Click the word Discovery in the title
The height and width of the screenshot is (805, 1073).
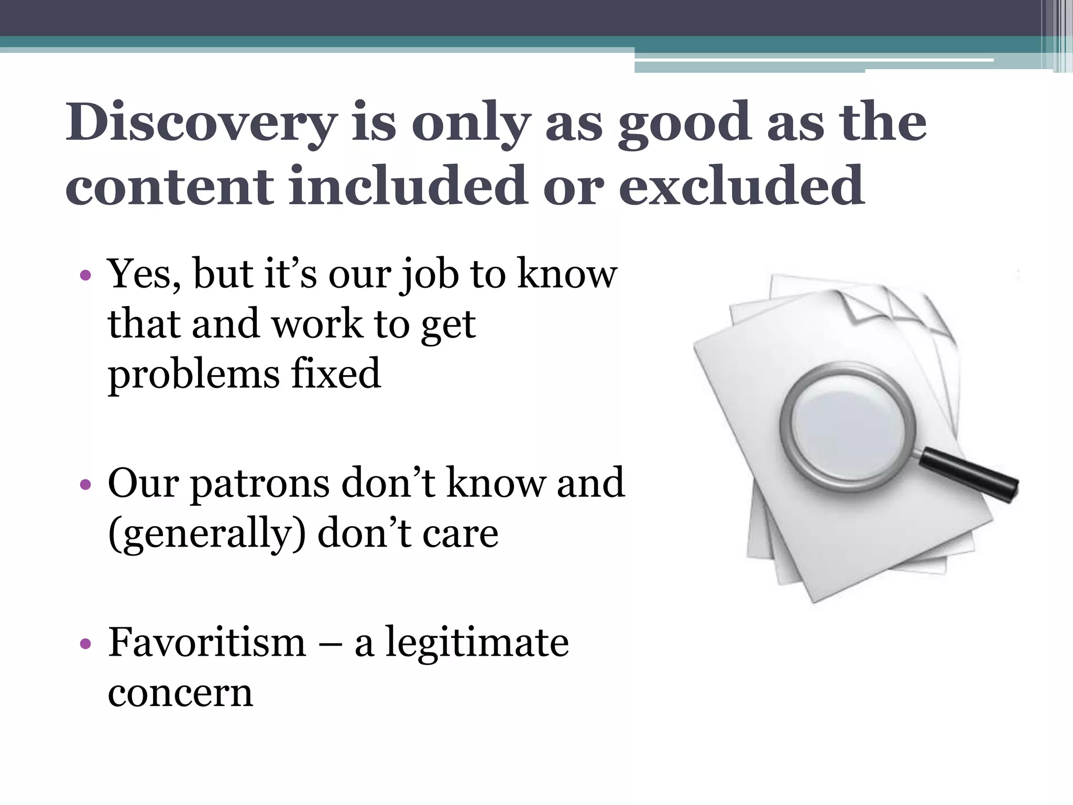(201, 123)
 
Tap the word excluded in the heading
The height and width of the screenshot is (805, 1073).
(741, 186)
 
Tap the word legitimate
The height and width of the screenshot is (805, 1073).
(477, 643)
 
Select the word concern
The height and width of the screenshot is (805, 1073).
(180, 693)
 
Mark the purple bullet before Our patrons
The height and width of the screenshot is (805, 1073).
(86, 484)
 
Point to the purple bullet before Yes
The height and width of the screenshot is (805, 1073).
(86, 275)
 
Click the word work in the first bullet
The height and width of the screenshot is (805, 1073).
(317, 324)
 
